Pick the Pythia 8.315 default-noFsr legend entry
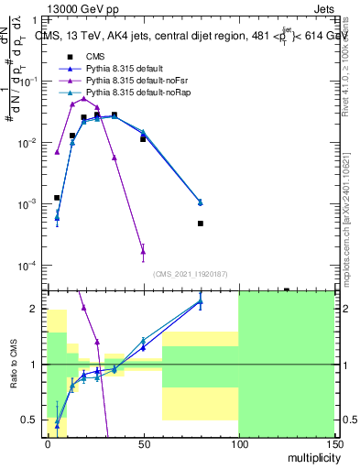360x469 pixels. tap(134, 82)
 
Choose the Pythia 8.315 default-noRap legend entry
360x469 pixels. tap(134, 94)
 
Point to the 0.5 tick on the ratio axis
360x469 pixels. tap(36, 420)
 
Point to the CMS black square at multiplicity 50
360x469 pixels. tap(143, 139)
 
